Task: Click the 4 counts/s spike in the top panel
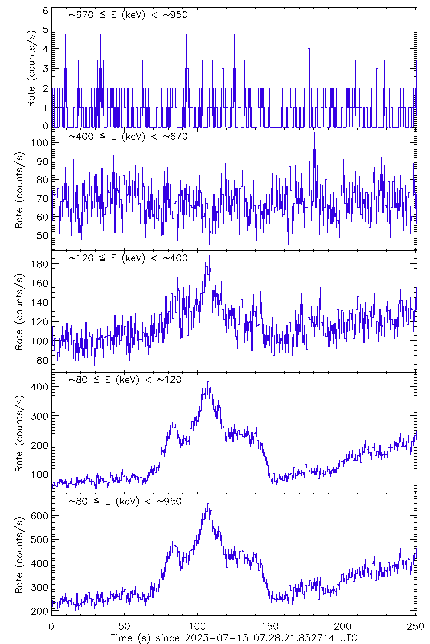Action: pyautogui.click(x=309, y=49)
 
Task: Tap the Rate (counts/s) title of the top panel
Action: pyautogui.click(x=31, y=69)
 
